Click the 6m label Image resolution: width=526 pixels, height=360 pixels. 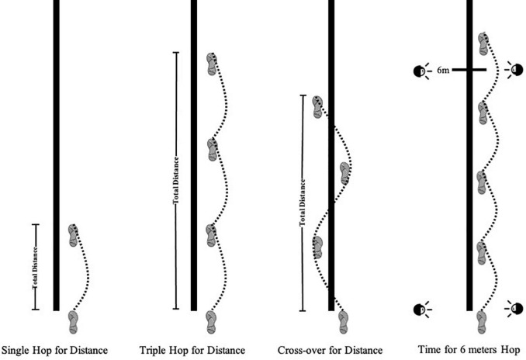(x=442, y=71)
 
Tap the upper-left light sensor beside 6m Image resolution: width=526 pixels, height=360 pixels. (x=420, y=71)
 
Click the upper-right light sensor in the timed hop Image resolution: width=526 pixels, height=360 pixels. (x=516, y=71)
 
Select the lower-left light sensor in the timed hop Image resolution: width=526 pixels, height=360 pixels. (x=420, y=309)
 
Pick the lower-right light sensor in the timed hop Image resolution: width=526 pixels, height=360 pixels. (x=516, y=309)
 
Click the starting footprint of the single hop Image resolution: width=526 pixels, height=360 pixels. (x=74, y=319)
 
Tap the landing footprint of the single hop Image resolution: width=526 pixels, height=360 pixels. (x=73, y=234)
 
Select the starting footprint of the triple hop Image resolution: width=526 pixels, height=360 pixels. (x=211, y=320)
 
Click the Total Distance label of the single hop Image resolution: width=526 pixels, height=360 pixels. (x=35, y=268)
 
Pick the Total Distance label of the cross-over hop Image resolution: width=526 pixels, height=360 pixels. (x=302, y=203)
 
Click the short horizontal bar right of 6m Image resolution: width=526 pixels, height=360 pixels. (x=469, y=71)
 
